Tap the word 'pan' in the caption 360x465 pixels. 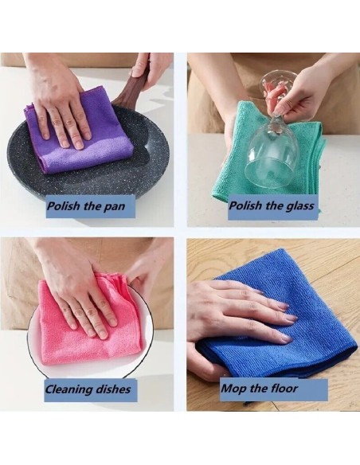click(x=114, y=206)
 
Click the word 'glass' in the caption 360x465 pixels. click(x=299, y=205)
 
